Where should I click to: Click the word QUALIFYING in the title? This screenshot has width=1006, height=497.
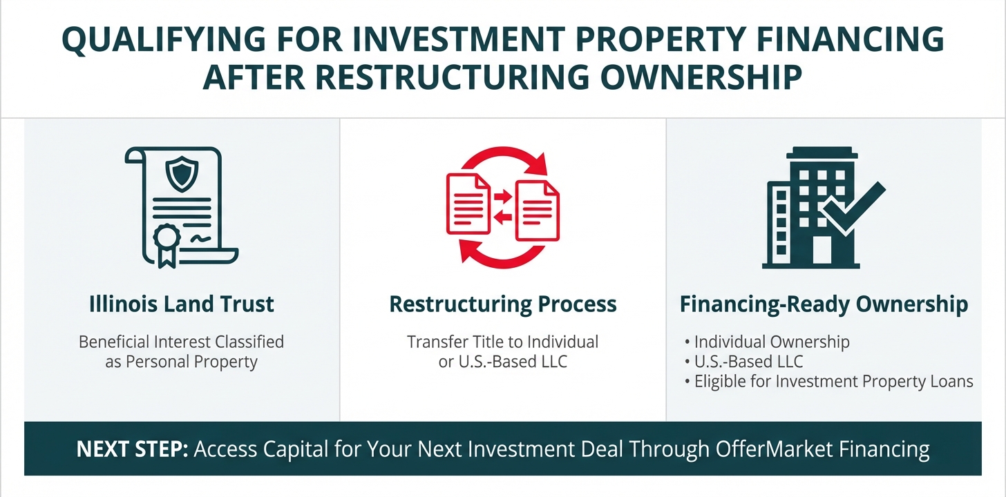click(x=164, y=40)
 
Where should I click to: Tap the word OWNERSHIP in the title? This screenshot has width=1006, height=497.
click(x=701, y=77)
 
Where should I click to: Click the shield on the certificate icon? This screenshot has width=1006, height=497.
click(x=182, y=173)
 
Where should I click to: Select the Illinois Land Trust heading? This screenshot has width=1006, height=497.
click(x=182, y=304)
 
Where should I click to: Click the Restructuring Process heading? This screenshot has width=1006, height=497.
click(x=502, y=304)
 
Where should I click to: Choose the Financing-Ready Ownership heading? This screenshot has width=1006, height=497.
click(x=824, y=304)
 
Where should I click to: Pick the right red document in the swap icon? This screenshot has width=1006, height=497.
click(x=537, y=211)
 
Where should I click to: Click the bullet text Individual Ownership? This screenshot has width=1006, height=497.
click(x=772, y=342)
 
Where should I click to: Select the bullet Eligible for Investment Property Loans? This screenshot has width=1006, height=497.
click(x=833, y=382)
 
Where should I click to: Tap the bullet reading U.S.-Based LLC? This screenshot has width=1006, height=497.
click(x=749, y=362)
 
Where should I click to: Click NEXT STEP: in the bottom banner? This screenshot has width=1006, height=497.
click(x=132, y=449)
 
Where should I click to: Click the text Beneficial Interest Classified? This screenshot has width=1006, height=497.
click(x=182, y=342)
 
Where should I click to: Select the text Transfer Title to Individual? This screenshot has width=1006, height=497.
click(x=502, y=342)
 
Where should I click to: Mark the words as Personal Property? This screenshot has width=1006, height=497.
click(x=182, y=362)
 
